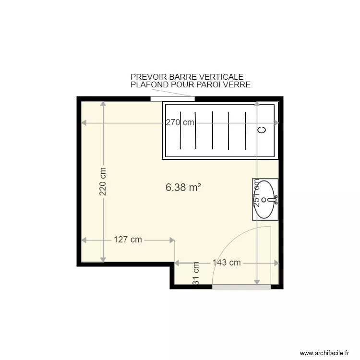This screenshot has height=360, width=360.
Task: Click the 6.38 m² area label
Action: tap(183, 188)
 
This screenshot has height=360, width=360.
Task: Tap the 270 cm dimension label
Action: tap(180, 122)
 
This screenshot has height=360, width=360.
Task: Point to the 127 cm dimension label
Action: tap(128, 240)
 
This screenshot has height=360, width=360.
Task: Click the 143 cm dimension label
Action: tap(227, 263)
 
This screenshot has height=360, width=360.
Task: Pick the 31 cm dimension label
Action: tap(196, 274)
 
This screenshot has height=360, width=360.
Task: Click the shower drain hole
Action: tap(262, 130)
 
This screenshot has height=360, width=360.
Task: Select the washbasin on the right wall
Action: tap(265, 199)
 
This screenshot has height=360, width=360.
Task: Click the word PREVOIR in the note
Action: tap(147, 77)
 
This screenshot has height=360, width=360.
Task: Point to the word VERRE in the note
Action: tap(238, 85)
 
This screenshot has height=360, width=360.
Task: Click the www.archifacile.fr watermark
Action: tap(324, 353)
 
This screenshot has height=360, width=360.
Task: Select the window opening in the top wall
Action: tap(172, 99)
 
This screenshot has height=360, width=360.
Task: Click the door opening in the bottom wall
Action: tap(241, 287)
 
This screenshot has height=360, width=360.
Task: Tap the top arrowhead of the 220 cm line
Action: tap(103, 104)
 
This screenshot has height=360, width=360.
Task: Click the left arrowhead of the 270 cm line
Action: tap(84, 123)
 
